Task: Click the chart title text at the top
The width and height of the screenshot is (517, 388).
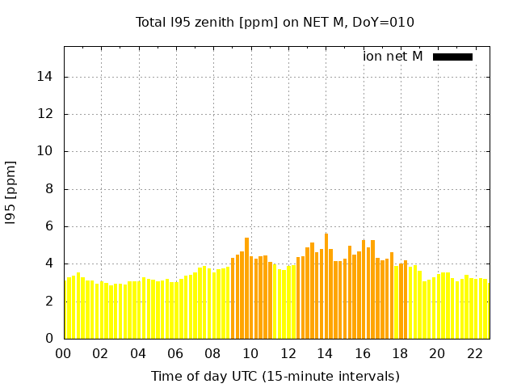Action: point(275,22)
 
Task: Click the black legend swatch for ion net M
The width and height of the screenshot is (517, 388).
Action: point(452,57)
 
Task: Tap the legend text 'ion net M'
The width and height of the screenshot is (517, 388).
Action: point(393,57)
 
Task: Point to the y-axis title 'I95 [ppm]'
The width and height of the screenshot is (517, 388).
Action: point(11,192)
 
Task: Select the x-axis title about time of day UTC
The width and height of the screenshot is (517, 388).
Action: point(275,376)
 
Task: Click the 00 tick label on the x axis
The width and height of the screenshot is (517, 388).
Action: point(64,353)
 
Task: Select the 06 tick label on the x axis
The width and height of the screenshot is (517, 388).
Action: point(175,353)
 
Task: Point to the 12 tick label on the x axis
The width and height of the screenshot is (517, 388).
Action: point(288,353)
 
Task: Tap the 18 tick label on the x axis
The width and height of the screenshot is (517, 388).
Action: point(400,353)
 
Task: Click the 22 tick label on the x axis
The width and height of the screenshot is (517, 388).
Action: point(474,353)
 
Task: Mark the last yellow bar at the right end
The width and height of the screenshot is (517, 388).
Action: point(486,310)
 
